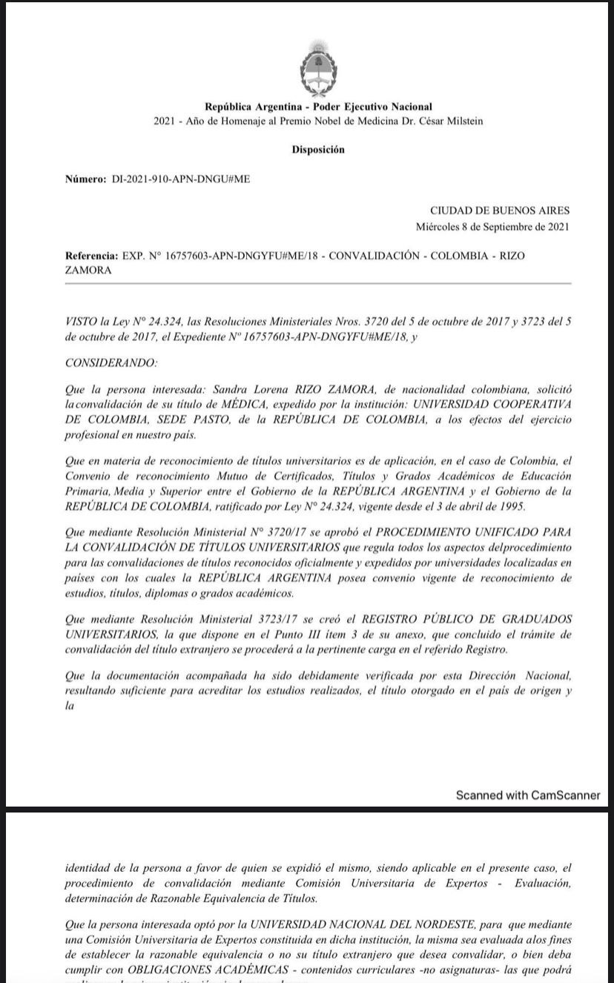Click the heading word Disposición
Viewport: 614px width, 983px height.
318,150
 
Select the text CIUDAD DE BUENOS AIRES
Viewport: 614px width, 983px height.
500,211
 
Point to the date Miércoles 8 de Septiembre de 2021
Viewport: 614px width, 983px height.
493,227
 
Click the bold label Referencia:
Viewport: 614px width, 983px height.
91,256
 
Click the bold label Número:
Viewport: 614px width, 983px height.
86,180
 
